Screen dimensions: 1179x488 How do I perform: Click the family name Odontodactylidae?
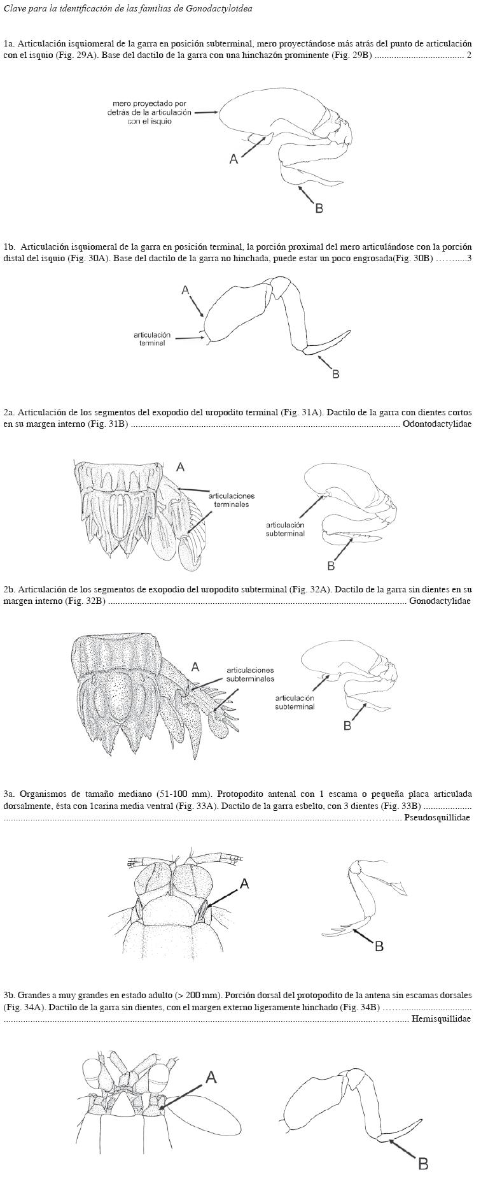click(x=437, y=424)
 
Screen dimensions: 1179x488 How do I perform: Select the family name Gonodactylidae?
click(x=440, y=601)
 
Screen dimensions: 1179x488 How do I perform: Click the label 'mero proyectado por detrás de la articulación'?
click(x=150, y=112)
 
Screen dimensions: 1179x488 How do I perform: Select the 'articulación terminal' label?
click(x=152, y=339)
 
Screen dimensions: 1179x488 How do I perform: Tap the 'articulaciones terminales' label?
click(x=232, y=499)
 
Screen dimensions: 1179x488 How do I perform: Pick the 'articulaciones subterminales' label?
click(x=250, y=674)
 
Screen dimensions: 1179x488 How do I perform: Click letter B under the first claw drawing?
click(x=319, y=208)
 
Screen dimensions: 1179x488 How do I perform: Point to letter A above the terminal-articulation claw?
click(x=185, y=290)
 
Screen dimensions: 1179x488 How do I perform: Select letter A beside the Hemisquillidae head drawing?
click(x=211, y=1077)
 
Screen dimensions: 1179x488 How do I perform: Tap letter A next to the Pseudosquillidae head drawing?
click(x=244, y=883)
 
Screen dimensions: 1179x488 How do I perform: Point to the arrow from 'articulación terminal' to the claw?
click(x=189, y=338)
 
